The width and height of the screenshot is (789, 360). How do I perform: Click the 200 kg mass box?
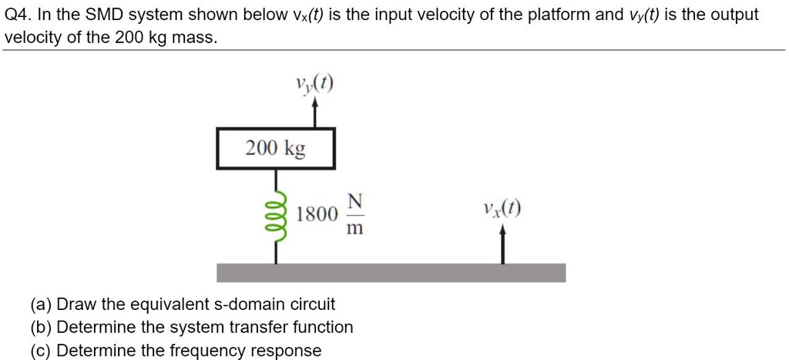coord(276,149)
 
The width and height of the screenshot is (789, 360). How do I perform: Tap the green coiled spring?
coord(276,207)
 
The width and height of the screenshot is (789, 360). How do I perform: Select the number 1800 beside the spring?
coord(316,214)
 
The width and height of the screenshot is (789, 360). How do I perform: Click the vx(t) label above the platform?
coord(502,208)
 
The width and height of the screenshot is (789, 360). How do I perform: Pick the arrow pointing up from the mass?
coord(314,116)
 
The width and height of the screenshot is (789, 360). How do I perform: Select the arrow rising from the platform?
coord(502,245)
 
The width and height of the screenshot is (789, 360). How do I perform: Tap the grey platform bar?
coord(391,273)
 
